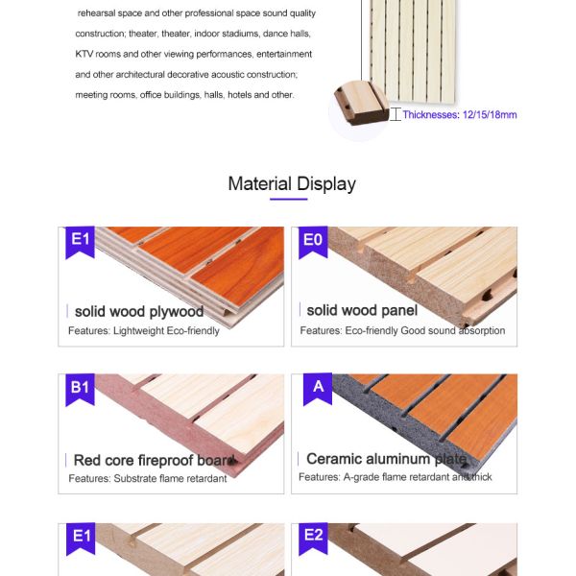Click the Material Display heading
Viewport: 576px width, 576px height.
(x=292, y=183)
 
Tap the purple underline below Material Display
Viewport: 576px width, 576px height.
(x=289, y=200)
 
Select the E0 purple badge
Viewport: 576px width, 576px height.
(x=313, y=242)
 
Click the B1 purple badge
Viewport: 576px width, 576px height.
(x=80, y=389)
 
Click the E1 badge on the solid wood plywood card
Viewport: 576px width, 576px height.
(x=80, y=242)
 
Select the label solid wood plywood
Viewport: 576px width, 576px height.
(x=138, y=311)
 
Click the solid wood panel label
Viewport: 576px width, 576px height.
(x=362, y=310)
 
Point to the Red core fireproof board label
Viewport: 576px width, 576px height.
(x=154, y=460)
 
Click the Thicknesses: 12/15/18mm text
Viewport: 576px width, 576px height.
(x=459, y=115)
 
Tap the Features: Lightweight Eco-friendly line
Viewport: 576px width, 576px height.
(x=144, y=330)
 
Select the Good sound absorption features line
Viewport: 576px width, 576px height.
(x=402, y=330)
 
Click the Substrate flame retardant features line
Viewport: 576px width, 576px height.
(x=148, y=478)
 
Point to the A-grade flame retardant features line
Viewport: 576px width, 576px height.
(x=395, y=477)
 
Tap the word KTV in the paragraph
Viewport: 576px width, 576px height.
(x=85, y=54)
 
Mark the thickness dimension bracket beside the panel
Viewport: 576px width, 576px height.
(x=395, y=114)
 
